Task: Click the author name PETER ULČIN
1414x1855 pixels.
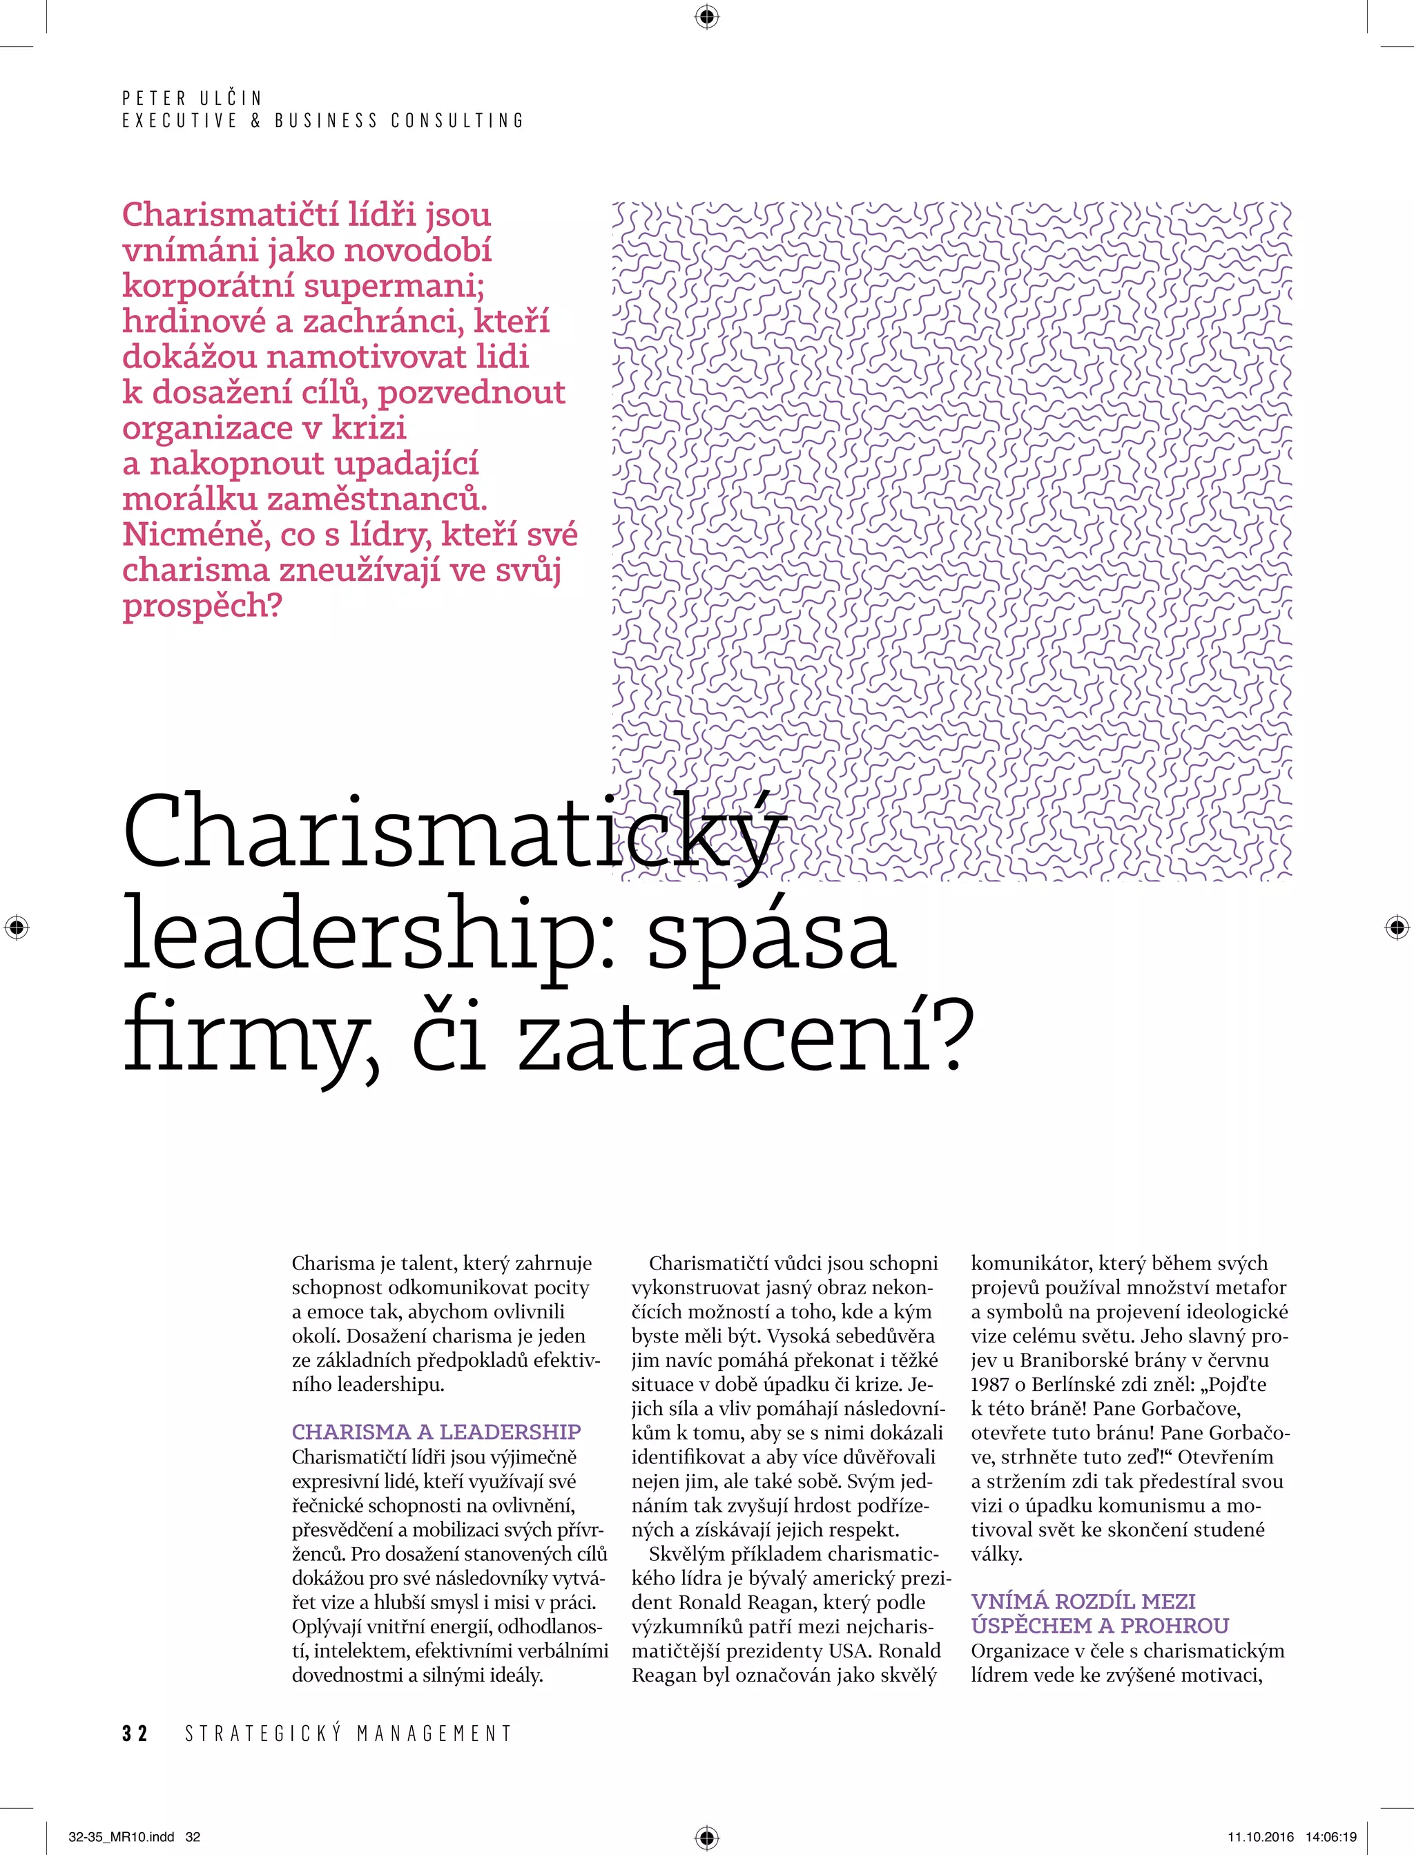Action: tap(192, 97)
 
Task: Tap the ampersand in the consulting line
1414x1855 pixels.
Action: tap(256, 120)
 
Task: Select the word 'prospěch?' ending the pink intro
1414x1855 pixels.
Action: tap(202, 605)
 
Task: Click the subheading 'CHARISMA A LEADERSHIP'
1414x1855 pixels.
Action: tap(436, 1432)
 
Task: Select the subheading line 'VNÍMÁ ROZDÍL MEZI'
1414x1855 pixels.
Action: tap(1083, 1601)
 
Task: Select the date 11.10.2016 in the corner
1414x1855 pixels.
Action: tap(1261, 1837)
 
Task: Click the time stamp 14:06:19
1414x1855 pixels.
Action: tap(1332, 1837)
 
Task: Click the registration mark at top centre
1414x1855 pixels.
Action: tap(707, 16)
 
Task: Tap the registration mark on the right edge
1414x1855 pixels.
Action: tap(1396, 928)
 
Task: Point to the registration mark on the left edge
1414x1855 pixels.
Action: tap(16, 928)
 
